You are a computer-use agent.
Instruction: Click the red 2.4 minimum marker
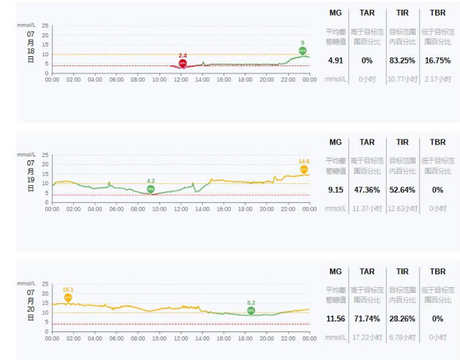point(183,63)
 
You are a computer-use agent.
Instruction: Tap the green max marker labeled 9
point(302,50)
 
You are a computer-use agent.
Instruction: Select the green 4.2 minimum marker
point(150,189)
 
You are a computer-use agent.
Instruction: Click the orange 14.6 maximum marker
point(304,170)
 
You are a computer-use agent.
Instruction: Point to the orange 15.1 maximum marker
point(67,297)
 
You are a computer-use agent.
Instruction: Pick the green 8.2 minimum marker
point(251,311)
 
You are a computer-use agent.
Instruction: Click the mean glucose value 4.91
point(336,60)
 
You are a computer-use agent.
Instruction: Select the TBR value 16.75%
point(437,60)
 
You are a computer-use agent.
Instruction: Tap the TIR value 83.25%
point(402,60)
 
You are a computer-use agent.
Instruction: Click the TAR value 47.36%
point(367,190)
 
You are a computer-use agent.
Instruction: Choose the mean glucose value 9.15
point(336,190)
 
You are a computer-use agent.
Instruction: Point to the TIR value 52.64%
point(402,190)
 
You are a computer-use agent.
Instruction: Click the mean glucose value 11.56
point(336,319)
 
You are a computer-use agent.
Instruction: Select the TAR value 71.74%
point(367,319)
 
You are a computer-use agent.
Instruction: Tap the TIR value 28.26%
point(402,319)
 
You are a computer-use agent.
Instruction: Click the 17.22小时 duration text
point(367,337)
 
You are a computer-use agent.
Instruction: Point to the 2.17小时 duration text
point(437,79)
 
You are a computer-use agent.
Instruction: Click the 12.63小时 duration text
point(402,208)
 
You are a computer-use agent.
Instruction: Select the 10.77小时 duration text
point(402,79)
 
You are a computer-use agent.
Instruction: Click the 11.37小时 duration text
point(367,208)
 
